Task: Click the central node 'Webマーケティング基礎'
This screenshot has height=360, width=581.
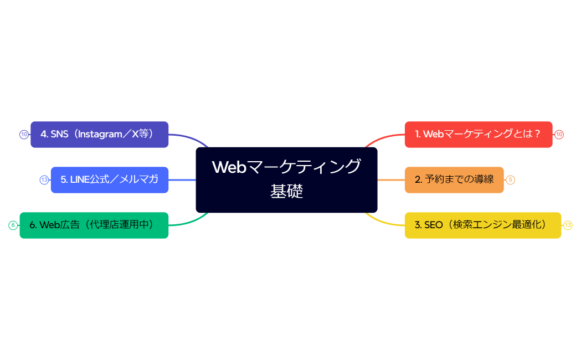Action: click(x=286, y=179)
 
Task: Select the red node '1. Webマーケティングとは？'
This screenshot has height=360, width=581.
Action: click(x=479, y=135)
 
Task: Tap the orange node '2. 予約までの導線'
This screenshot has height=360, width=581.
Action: click(x=454, y=179)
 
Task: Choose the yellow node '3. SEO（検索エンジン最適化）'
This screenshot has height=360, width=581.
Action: click(x=482, y=225)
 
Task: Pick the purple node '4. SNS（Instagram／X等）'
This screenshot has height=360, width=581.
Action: click(x=99, y=135)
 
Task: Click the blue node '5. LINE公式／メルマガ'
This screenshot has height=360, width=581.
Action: click(x=109, y=179)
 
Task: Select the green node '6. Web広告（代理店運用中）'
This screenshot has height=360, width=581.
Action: click(x=94, y=225)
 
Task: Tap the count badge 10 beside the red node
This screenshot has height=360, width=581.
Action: click(x=559, y=135)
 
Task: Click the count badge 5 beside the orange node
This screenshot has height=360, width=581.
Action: click(x=511, y=179)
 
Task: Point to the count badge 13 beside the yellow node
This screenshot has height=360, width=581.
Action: click(x=568, y=225)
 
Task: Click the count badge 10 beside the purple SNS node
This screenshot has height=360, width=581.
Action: click(x=24, y=135)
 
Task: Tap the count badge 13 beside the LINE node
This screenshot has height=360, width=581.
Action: click(x=44, y=179)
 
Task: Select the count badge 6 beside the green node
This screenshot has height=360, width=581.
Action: click(x=13, y=225)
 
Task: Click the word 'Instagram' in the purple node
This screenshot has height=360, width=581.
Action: click(x=101, y=134)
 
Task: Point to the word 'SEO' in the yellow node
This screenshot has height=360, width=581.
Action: click(x=433, y=225)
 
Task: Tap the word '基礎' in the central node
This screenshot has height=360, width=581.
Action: click(x=286, y=192)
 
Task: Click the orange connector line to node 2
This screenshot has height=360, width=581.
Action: click(x=391, y=179)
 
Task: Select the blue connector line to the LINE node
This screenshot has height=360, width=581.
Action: click(x=182, y=179)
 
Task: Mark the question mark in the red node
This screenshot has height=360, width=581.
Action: click(x=537, y=135)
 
